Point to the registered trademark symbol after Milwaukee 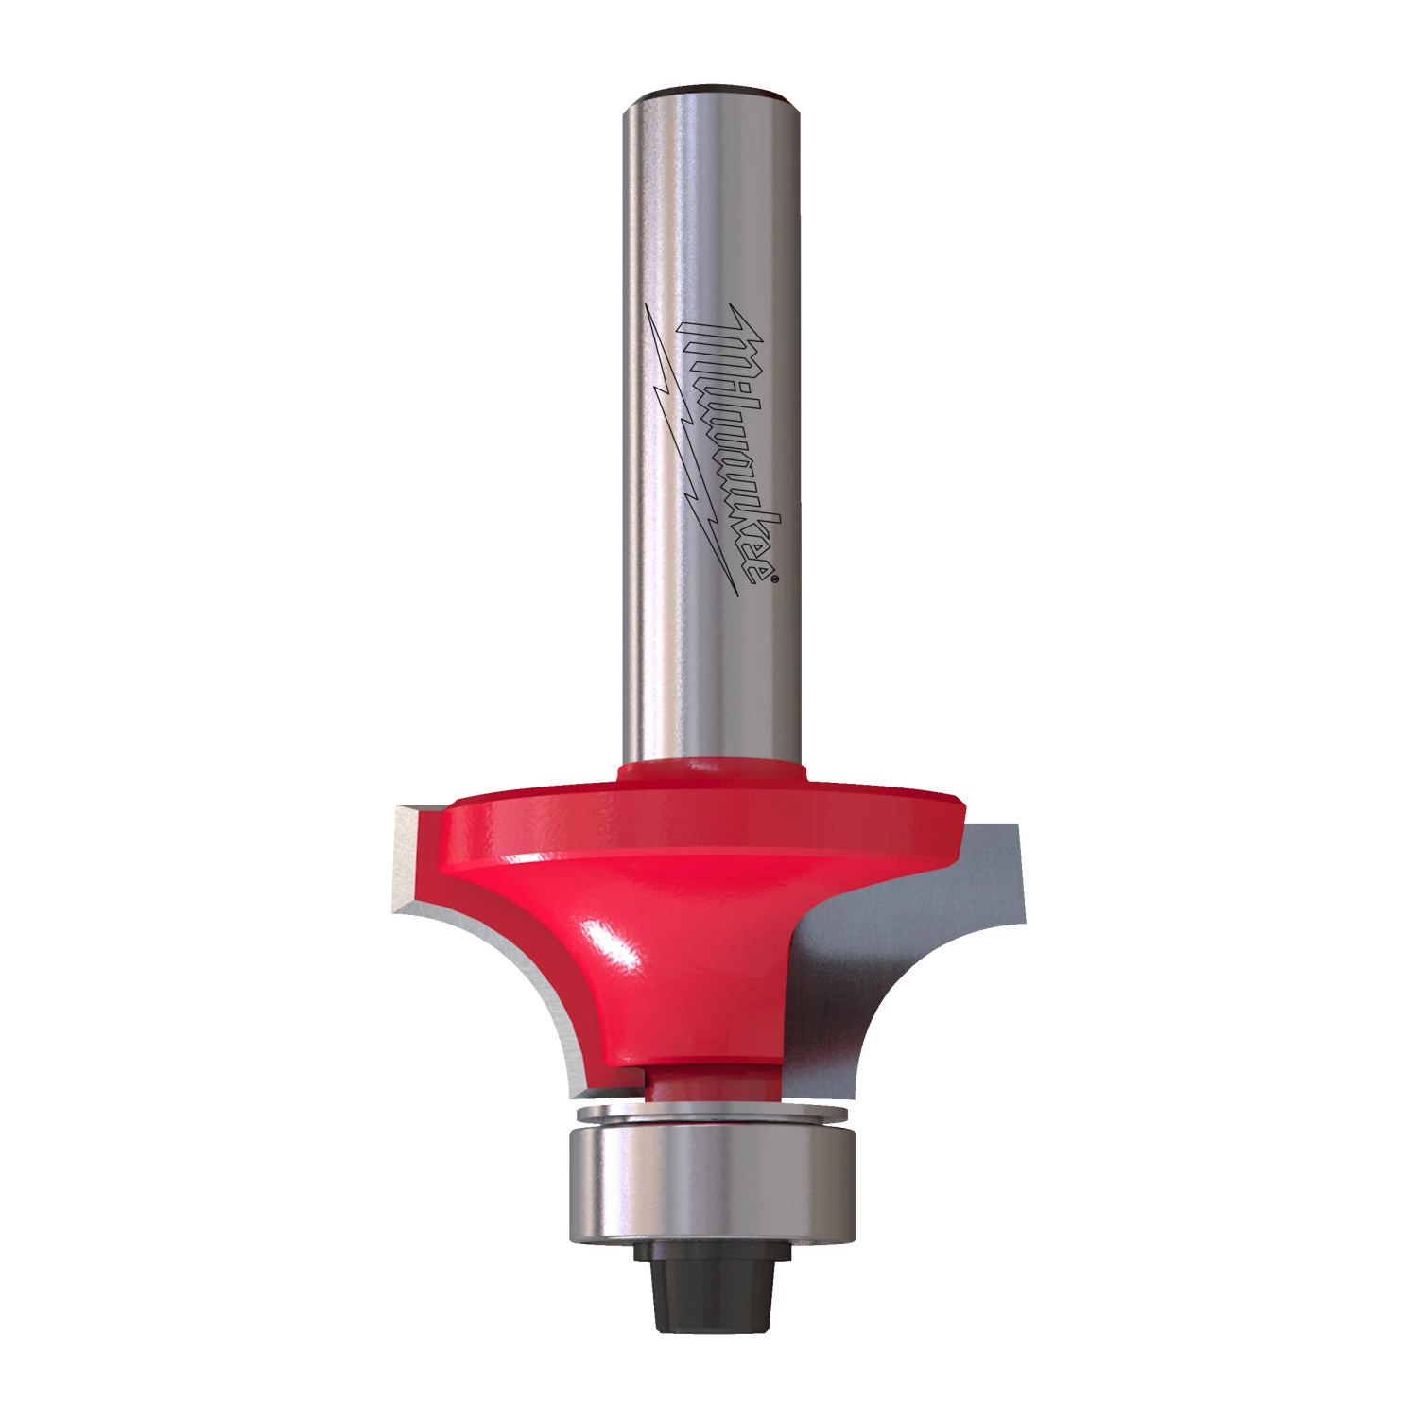(x=776, y=579)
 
